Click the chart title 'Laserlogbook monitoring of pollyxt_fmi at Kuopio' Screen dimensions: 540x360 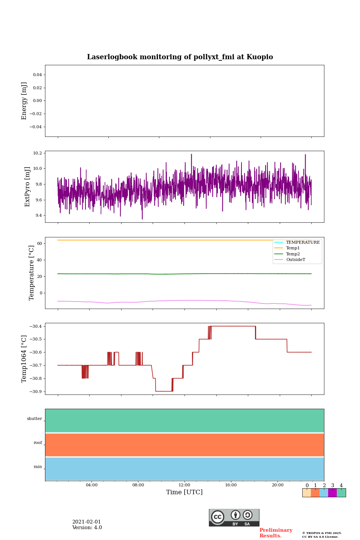click(180, 57)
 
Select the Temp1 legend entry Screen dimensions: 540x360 click(292, 248)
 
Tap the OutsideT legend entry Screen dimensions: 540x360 click(295, 260)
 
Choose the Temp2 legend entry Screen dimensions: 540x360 click(292, 254)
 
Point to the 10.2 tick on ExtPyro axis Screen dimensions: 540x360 click(37, 153)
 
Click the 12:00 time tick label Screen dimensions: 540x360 click(184, 485)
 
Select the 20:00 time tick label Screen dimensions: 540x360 click(277, 485)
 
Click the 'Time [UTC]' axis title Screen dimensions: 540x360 click(184, 492)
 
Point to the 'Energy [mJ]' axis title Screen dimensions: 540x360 click(24, 101)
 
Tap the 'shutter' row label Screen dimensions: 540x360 click(34, 419)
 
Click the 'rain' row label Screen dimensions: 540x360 click(38, 467)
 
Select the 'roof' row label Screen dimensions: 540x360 click(38, 443)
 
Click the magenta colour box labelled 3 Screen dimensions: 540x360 click(332, 493)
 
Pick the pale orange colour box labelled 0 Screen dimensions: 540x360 click(306, 493)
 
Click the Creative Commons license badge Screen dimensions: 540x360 click(234, 517)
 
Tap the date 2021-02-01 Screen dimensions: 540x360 click(87, 522)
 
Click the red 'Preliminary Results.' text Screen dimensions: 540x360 click(276, 533)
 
